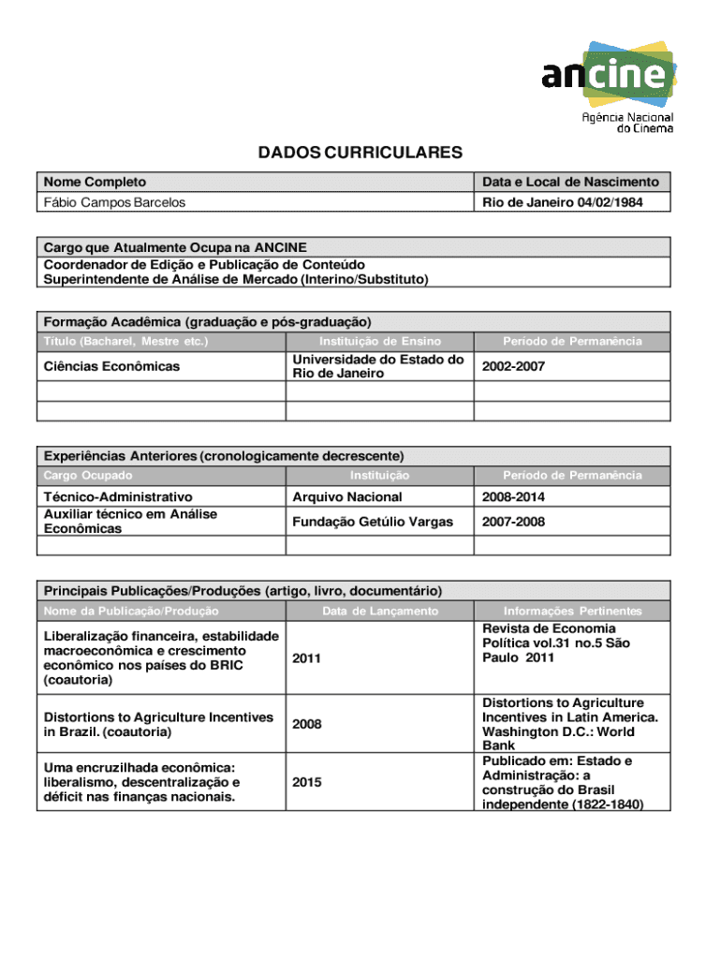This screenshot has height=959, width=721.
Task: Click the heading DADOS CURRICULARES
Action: [360, 153]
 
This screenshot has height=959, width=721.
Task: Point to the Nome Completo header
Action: [95, 182]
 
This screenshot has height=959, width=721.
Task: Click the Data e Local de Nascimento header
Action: [571, 182]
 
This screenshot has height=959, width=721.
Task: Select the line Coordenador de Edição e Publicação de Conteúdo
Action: [204, 265]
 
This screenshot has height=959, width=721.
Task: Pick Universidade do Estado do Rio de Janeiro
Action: [378, 366]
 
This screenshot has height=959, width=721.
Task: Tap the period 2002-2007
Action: [513, 366]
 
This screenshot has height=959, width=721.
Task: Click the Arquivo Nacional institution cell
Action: [347, 497]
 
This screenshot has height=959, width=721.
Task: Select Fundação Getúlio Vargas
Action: [373, 522]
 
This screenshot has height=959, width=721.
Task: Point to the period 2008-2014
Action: [513, 497]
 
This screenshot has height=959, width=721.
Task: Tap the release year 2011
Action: [307, 658]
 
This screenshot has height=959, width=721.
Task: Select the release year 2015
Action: [307, 782]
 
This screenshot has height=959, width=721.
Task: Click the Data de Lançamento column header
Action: [379, 612]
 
